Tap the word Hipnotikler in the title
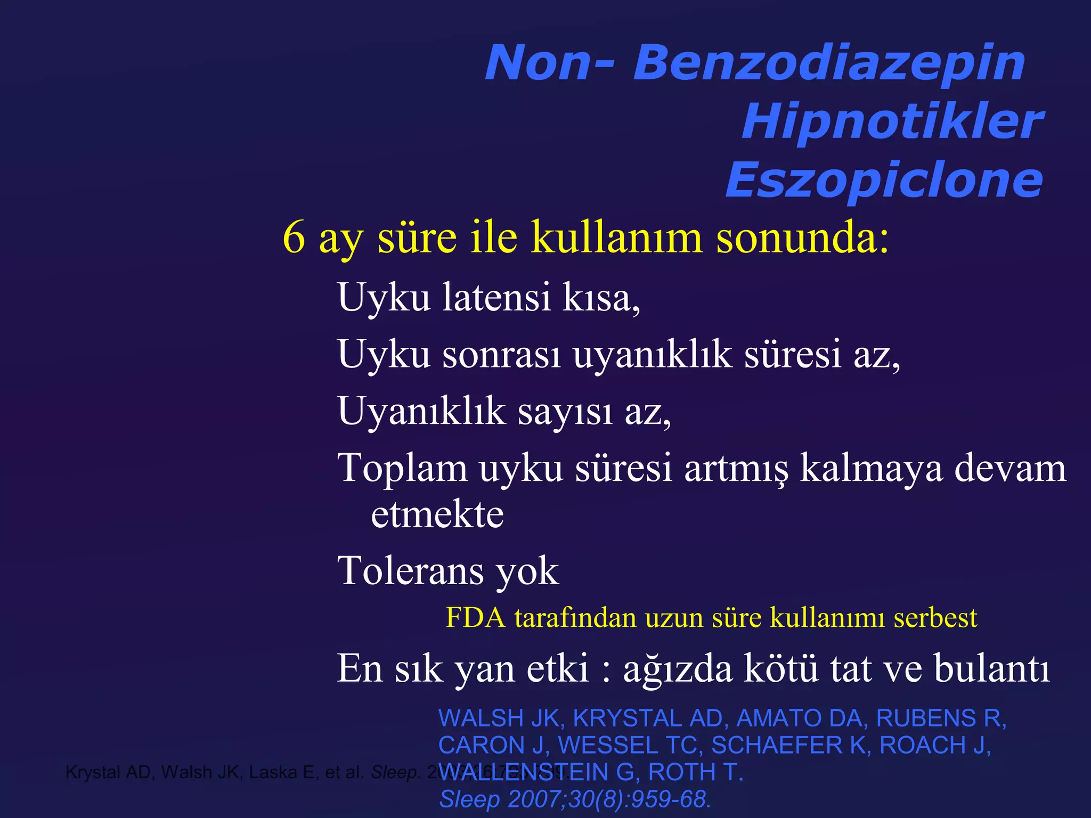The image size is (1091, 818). [x=892, y=122]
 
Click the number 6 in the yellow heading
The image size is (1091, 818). [x=294, y=238]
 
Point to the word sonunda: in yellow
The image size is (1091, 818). [x=802, y=238]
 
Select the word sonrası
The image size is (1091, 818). [x=502, y=354]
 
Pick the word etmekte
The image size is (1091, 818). [x=437, y=514]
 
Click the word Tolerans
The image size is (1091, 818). [x=410, y=571]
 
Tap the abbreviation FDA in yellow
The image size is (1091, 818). [x=475, y=618]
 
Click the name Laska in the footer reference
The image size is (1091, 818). [x=273, y=772]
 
